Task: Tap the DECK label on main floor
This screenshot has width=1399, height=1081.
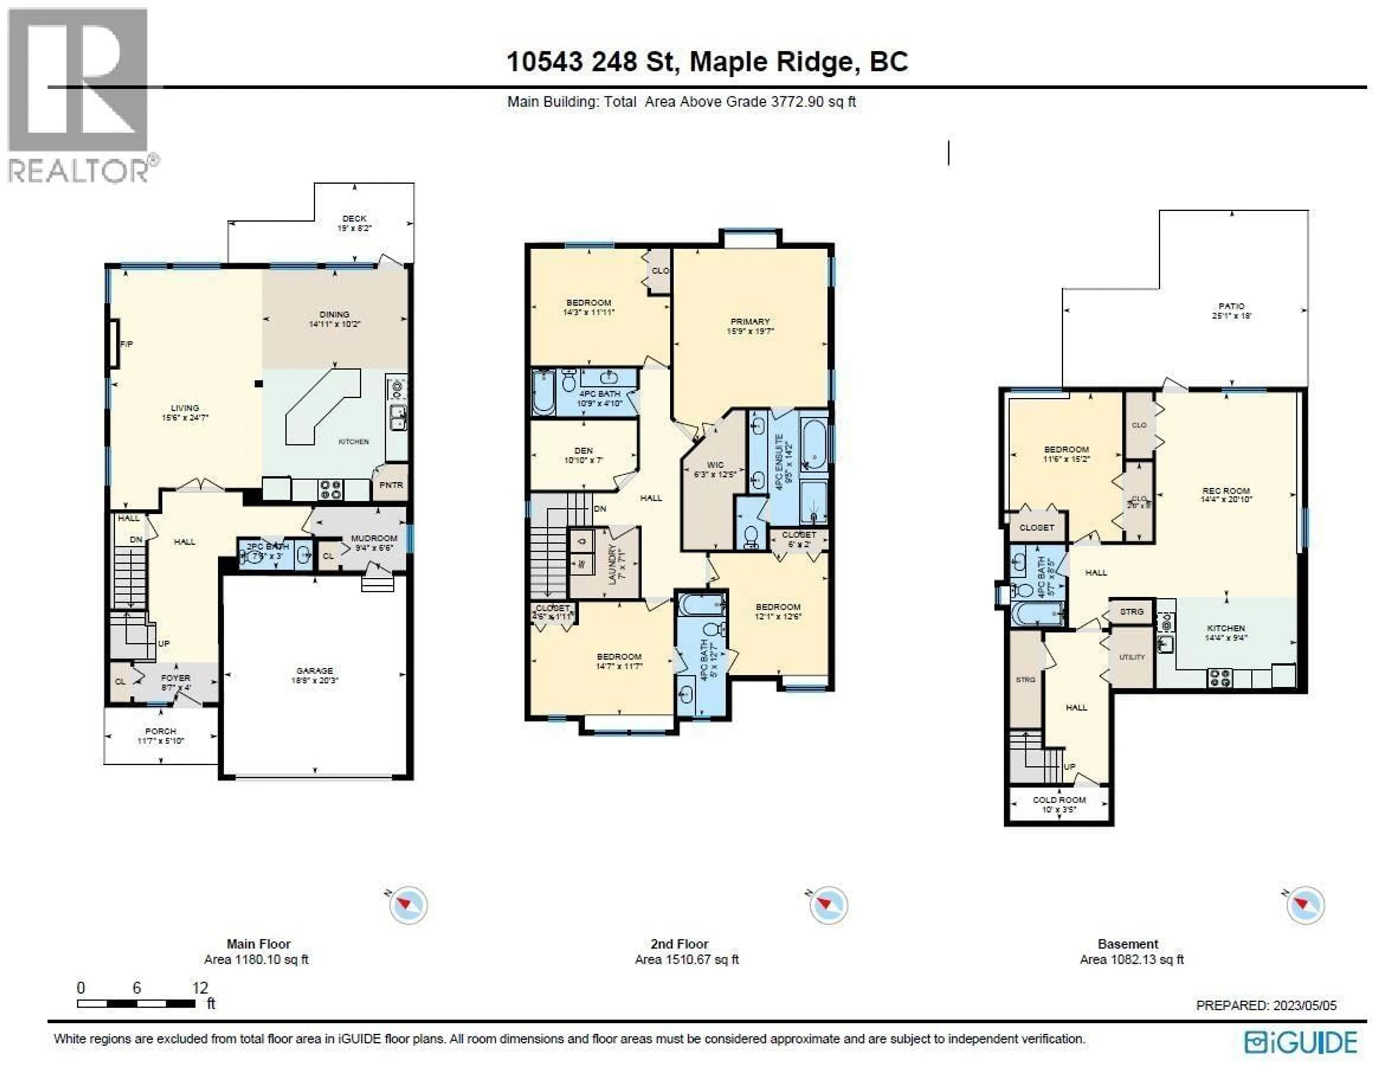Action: pos(354,219)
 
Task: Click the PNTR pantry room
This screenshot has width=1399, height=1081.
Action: pos(391,485)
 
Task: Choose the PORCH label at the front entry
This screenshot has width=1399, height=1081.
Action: pos(160,731)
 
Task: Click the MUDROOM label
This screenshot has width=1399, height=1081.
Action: pos(374,538)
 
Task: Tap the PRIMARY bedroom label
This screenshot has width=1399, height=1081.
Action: pos(749,322)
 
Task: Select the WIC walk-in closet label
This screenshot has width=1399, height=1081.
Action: pos(715,465)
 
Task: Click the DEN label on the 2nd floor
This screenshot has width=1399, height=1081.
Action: pos(584,450)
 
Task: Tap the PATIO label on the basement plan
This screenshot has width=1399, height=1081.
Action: pos(1231,306)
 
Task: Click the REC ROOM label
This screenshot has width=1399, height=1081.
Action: pos(1226,491)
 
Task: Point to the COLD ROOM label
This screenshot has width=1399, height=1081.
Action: pos(1059,800)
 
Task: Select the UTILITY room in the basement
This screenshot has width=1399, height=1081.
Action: pos(1132,657)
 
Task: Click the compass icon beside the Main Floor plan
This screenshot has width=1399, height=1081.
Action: pos(407,905)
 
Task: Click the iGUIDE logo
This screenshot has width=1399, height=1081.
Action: pos(1300,1043)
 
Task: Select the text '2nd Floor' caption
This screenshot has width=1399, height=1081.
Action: pos(679,944)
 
